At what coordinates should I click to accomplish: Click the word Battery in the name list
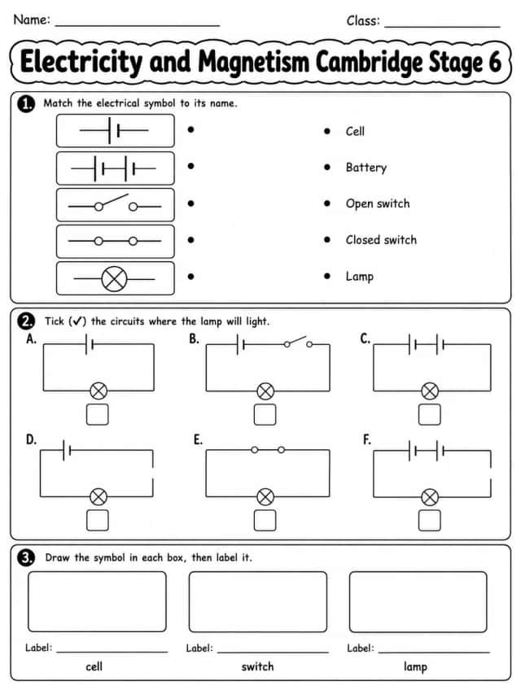(366, 168)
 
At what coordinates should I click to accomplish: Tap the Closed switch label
(381, 240)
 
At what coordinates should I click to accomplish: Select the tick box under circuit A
(98, 414)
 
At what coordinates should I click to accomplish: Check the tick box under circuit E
(265, 520)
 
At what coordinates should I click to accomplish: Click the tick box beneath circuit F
(429, 520)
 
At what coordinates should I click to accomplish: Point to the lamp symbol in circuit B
(265, 391)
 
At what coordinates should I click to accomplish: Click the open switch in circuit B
(298, 342)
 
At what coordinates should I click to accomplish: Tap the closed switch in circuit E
(268, 450)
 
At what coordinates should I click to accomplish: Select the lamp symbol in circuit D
(99, 496)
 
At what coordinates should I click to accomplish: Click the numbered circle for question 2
(26, 321)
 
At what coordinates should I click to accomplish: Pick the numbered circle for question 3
(26, 557)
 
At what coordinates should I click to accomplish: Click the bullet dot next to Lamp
(327, 276)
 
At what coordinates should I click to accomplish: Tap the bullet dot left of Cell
(327, 131)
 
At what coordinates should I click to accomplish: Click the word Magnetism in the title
(253, 62)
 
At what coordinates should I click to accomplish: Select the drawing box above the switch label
(258, 601)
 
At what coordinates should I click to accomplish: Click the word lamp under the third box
(415, 667)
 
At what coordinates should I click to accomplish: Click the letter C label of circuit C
(365, 339)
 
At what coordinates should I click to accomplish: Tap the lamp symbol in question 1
(114, 279)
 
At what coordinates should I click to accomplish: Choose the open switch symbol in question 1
(115, 203)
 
